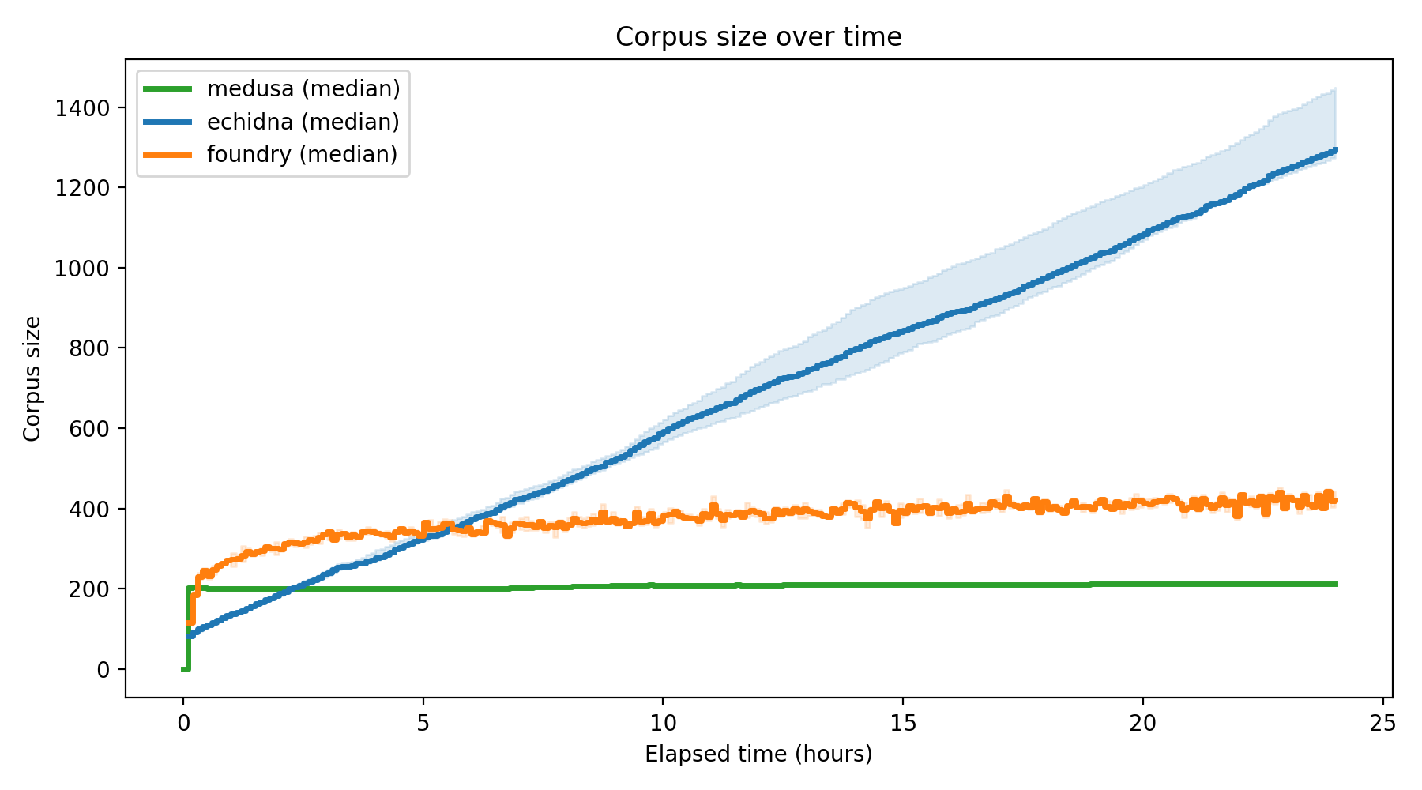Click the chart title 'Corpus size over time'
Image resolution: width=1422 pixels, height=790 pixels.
point(758,37)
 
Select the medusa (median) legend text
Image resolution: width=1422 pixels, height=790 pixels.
point(303,88)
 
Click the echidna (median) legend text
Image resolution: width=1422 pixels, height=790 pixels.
point(303,122)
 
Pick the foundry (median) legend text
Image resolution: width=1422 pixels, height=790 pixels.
point(302,154)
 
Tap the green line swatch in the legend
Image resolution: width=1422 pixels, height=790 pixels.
point(167,88)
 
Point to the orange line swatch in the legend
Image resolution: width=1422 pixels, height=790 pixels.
point(167,155)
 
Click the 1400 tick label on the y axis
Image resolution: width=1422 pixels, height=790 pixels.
point(81,108)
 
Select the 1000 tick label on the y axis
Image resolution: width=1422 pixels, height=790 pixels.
point(81,269)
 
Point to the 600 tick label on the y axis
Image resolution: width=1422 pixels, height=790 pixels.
point(88,429)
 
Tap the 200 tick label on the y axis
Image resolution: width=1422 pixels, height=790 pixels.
point(88,589)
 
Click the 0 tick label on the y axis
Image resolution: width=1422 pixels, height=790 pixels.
point(103,670)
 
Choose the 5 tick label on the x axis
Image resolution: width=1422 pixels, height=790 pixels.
point(423,723)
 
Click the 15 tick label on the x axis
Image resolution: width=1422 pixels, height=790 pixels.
point(902,723)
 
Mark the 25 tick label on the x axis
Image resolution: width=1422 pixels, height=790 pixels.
point(1382,723)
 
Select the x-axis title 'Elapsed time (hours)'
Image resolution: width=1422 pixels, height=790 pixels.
point(758,754)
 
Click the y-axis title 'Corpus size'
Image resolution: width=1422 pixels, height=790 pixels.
point(32,378)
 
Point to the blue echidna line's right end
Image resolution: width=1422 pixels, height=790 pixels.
point(1335,149)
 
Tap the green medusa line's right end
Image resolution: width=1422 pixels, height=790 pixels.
point(1335,585)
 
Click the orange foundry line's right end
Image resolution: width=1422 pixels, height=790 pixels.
point(1335,500)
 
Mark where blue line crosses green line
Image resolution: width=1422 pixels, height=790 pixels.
point(292,589)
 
